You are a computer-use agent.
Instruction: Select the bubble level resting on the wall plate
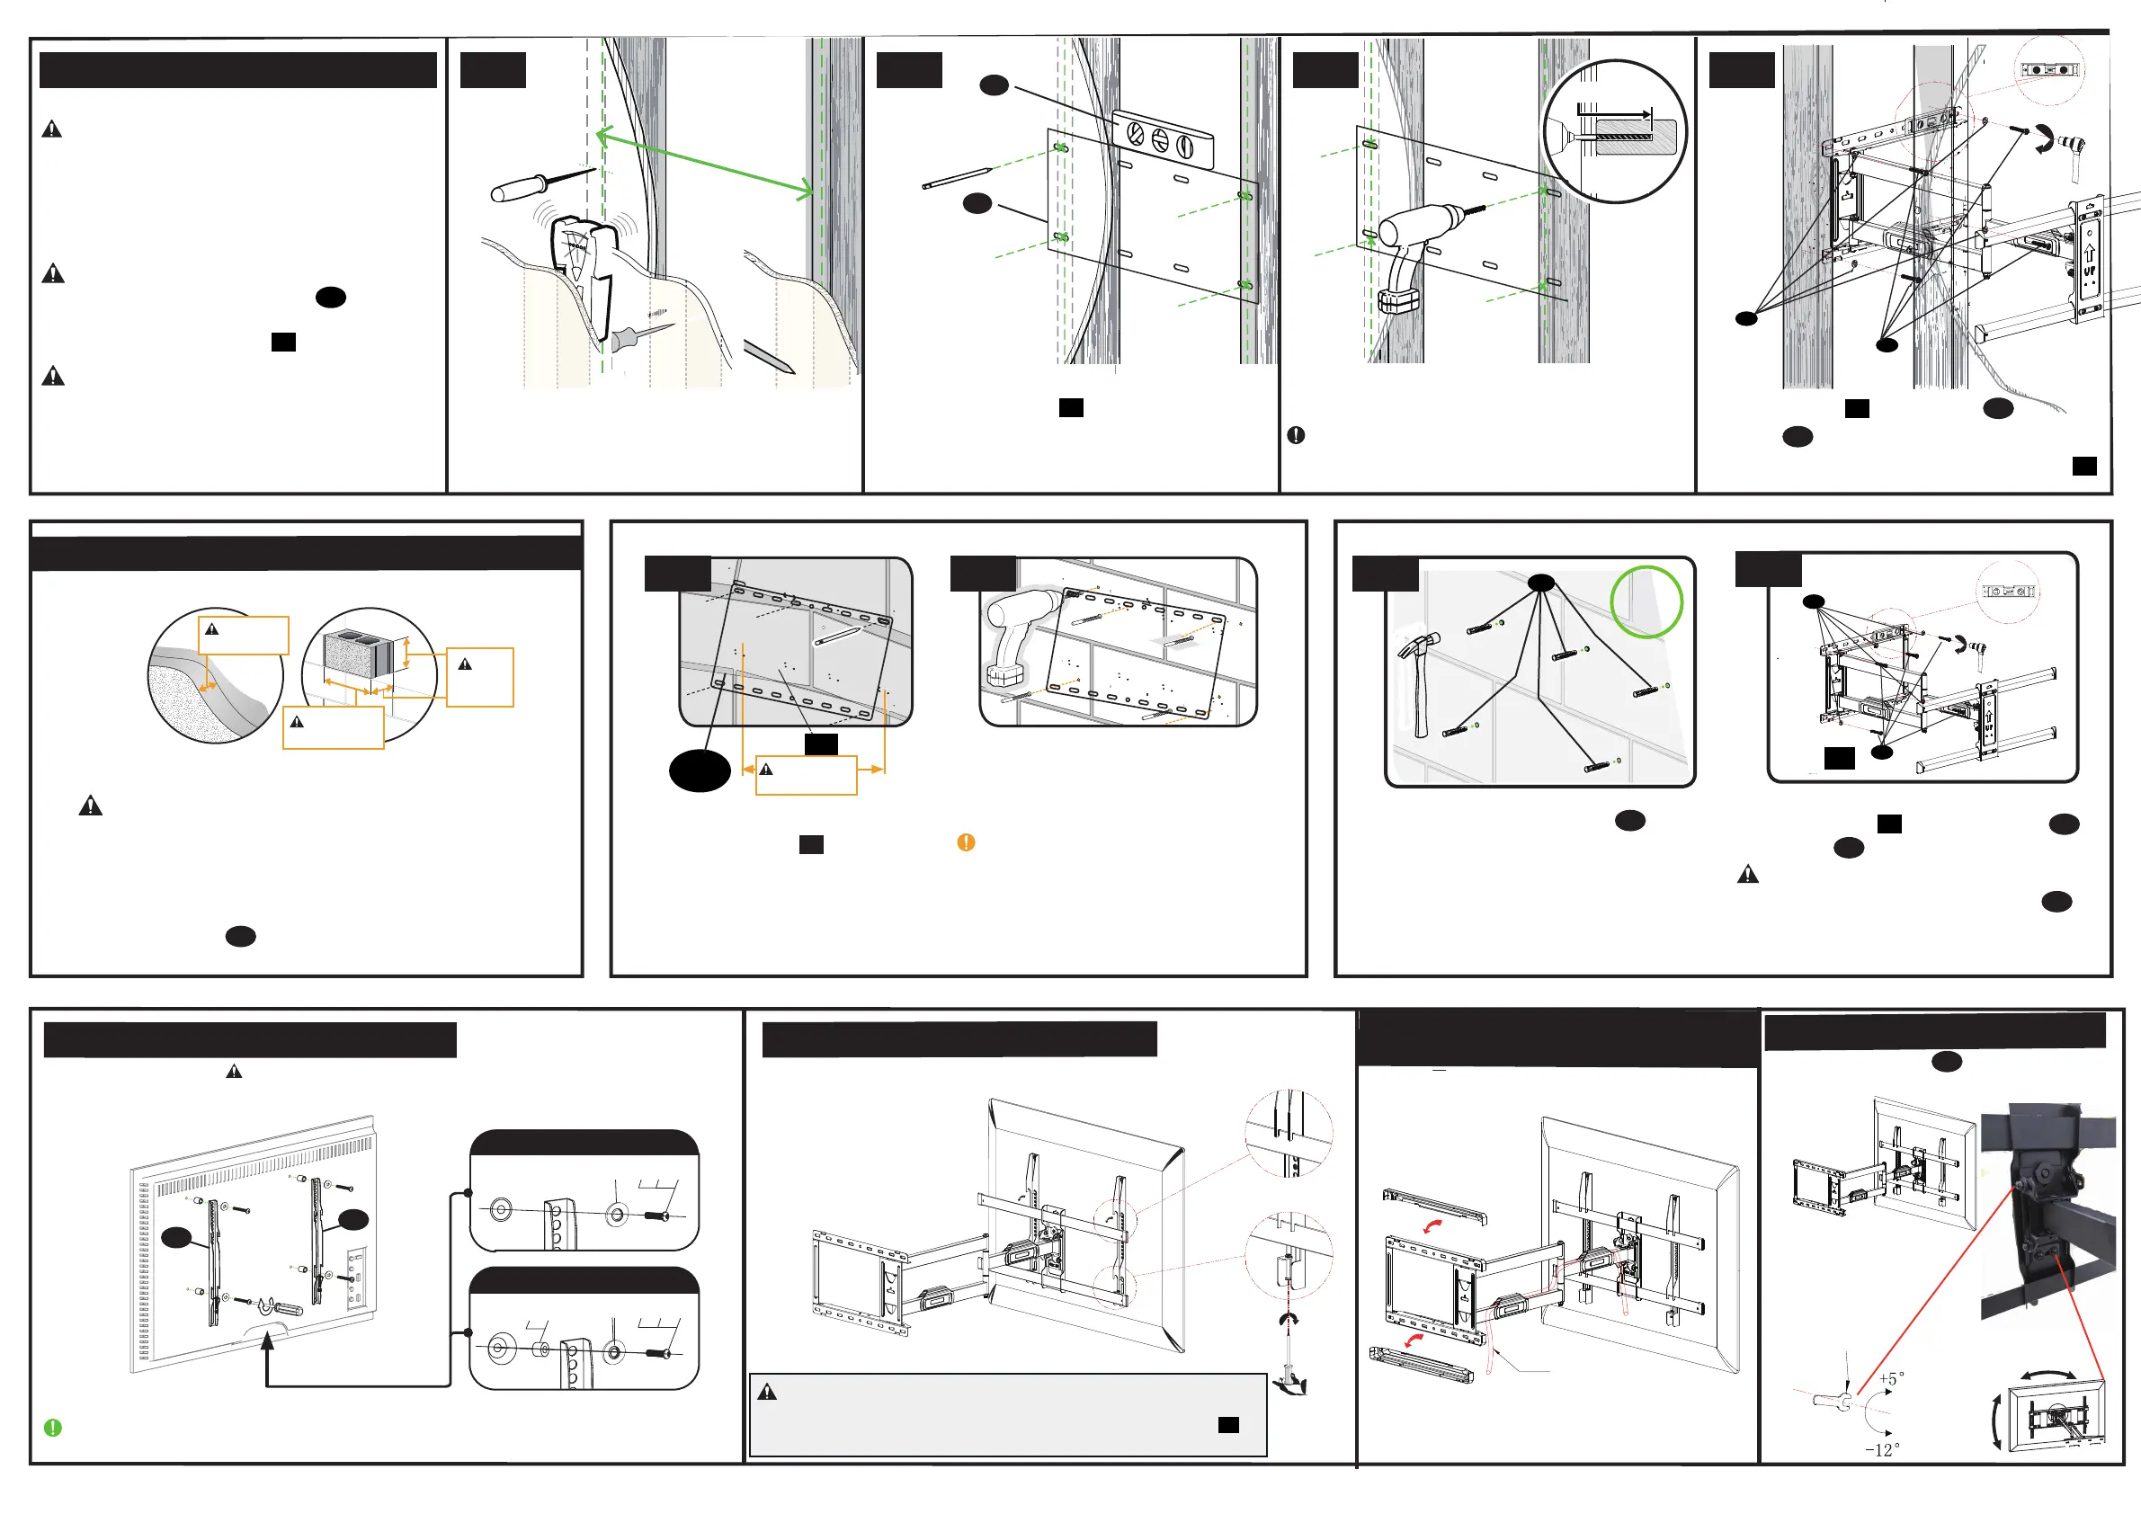pyautogui.click(x=1162, y=140)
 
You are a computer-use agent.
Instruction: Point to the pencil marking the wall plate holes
pyautogui.click(x=957, y=178)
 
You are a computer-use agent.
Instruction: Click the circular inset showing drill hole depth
pyautogui.click(x=1614, y=131)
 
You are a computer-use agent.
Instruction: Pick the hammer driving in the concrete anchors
pyautogui.click(x=1418, y=681)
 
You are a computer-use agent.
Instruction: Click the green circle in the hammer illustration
pyautogui.click(x=1646, y=602)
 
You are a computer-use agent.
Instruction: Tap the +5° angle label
pyautogui.click(x=1891, y=1378)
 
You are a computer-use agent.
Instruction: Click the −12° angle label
pyautogui.click(x=1882, y=1449)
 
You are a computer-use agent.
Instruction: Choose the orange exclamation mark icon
pyautogui.click(x=966, y=842)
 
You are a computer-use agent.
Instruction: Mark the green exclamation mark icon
pyautogui.click(x=53, y=1428)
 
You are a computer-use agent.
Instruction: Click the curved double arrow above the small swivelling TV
pyautogui.click(x=2047, y=1376)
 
